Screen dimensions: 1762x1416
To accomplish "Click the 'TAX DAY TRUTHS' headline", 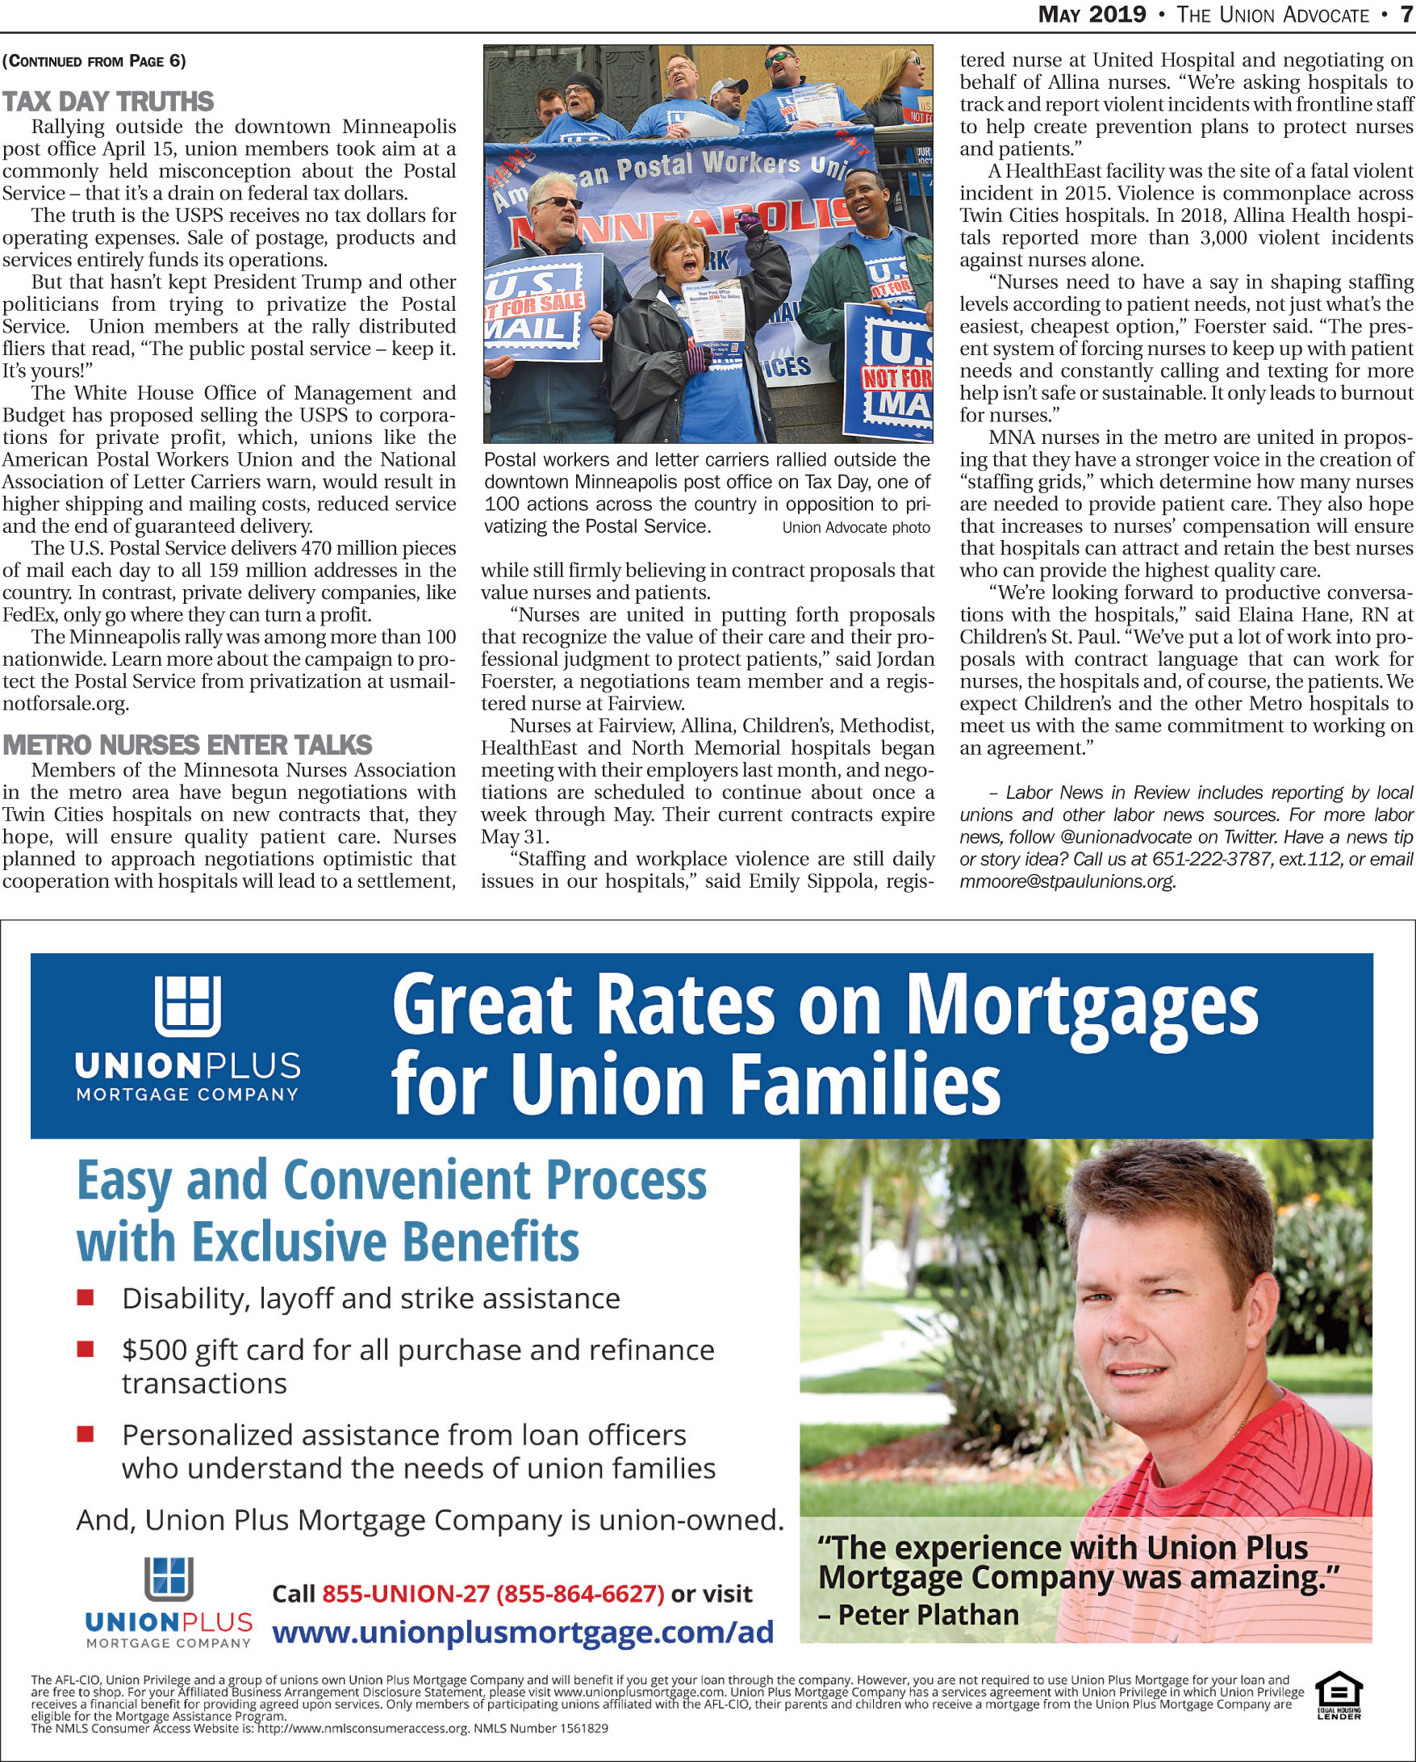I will [x=108, y=103].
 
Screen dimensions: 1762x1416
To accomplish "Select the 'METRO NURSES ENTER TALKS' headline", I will [x=187, y=745].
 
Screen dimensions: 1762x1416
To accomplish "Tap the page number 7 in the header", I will [x=1406, y=15].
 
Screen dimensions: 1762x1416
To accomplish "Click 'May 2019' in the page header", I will [x=1092, y=15].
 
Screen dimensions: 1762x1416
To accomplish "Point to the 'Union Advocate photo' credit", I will [x=855, y=528].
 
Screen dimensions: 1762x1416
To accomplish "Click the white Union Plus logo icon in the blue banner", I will [x=188, y=1006].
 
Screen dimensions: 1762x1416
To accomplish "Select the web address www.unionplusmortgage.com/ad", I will [x=523, y=1632].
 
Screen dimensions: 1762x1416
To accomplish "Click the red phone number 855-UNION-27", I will [x=405, y=1593].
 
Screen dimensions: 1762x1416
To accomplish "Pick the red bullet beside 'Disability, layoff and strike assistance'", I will [x=86, y=1298].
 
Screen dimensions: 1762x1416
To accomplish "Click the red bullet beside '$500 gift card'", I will [x=86, y=1350].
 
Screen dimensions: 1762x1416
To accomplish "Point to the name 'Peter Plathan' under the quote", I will [x=928, y=1615].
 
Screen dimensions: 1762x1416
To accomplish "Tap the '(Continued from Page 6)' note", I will [x=94, y=61].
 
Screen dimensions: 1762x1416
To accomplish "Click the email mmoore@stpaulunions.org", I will [x=1067, y=882].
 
